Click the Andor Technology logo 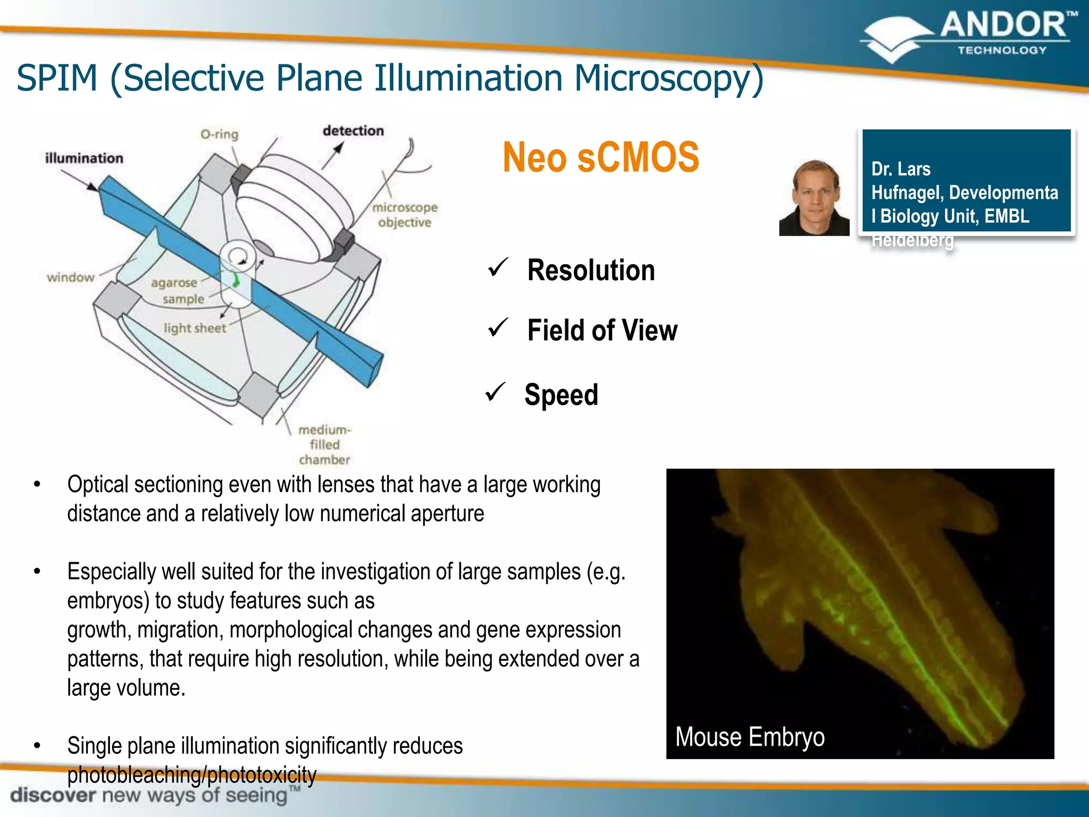coord(968,36)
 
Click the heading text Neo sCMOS coord(600,157)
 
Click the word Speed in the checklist coord(561,395)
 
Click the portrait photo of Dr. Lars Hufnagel coord(814,198)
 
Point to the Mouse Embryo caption coord(750,737)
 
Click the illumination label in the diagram coord(84,158)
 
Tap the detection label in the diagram coord(353,131)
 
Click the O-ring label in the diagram coord(219,134)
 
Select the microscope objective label coord(405,215)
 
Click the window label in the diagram coord(70,277)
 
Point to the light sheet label coord(195,328)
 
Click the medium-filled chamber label coord(324,445)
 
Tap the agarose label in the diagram coord(174,282)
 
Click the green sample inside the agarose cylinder coord(236,279)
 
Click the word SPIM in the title coord(57,78)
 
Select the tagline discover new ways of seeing coord(149,795)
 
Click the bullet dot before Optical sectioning coord(37,484)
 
